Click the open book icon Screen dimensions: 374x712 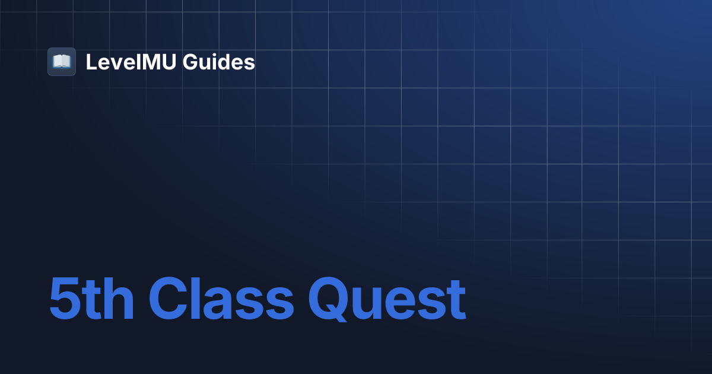62,62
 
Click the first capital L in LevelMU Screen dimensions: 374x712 91,62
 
